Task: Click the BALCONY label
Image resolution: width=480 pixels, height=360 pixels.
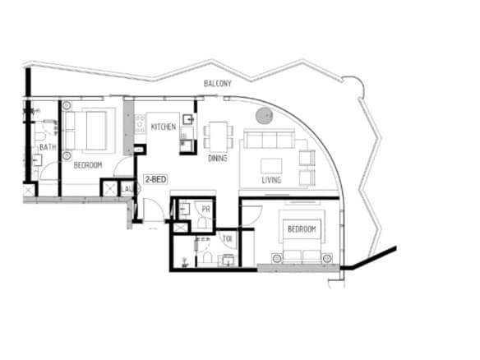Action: tap(217, 83)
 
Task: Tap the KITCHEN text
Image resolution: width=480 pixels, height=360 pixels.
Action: tap(164, 127)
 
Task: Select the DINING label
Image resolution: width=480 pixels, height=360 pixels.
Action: tap(217, 159)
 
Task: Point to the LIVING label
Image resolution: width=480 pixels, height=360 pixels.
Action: tap(271, 180)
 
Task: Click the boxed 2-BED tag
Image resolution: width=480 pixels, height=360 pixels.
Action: tap(156, 179)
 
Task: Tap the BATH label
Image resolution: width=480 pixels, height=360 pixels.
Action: tap(48, 147)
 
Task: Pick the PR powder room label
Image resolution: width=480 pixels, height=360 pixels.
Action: tap(206, 210)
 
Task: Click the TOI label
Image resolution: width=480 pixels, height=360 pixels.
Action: tap(227, 238)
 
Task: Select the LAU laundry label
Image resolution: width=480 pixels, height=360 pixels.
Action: tap(127, 189)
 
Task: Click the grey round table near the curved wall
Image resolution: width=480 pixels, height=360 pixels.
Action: tap(264, 116)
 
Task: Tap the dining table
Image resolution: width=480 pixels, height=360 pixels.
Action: tap(219, 136)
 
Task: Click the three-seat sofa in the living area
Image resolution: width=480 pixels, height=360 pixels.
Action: tap(269, 139)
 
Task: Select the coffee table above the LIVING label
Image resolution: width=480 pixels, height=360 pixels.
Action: tap(271, 166)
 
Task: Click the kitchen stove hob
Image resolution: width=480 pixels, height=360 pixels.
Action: tap(141, 124)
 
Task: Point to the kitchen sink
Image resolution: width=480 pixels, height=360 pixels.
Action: tap(188, 119)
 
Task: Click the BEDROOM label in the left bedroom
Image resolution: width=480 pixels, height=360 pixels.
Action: tap(88, 165)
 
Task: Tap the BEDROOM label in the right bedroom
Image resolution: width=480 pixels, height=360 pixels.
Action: tap(302, 229)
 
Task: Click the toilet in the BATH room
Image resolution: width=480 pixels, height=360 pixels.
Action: tap(41, 136)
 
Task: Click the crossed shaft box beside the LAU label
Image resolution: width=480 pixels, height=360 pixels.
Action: tap(109, 188)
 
